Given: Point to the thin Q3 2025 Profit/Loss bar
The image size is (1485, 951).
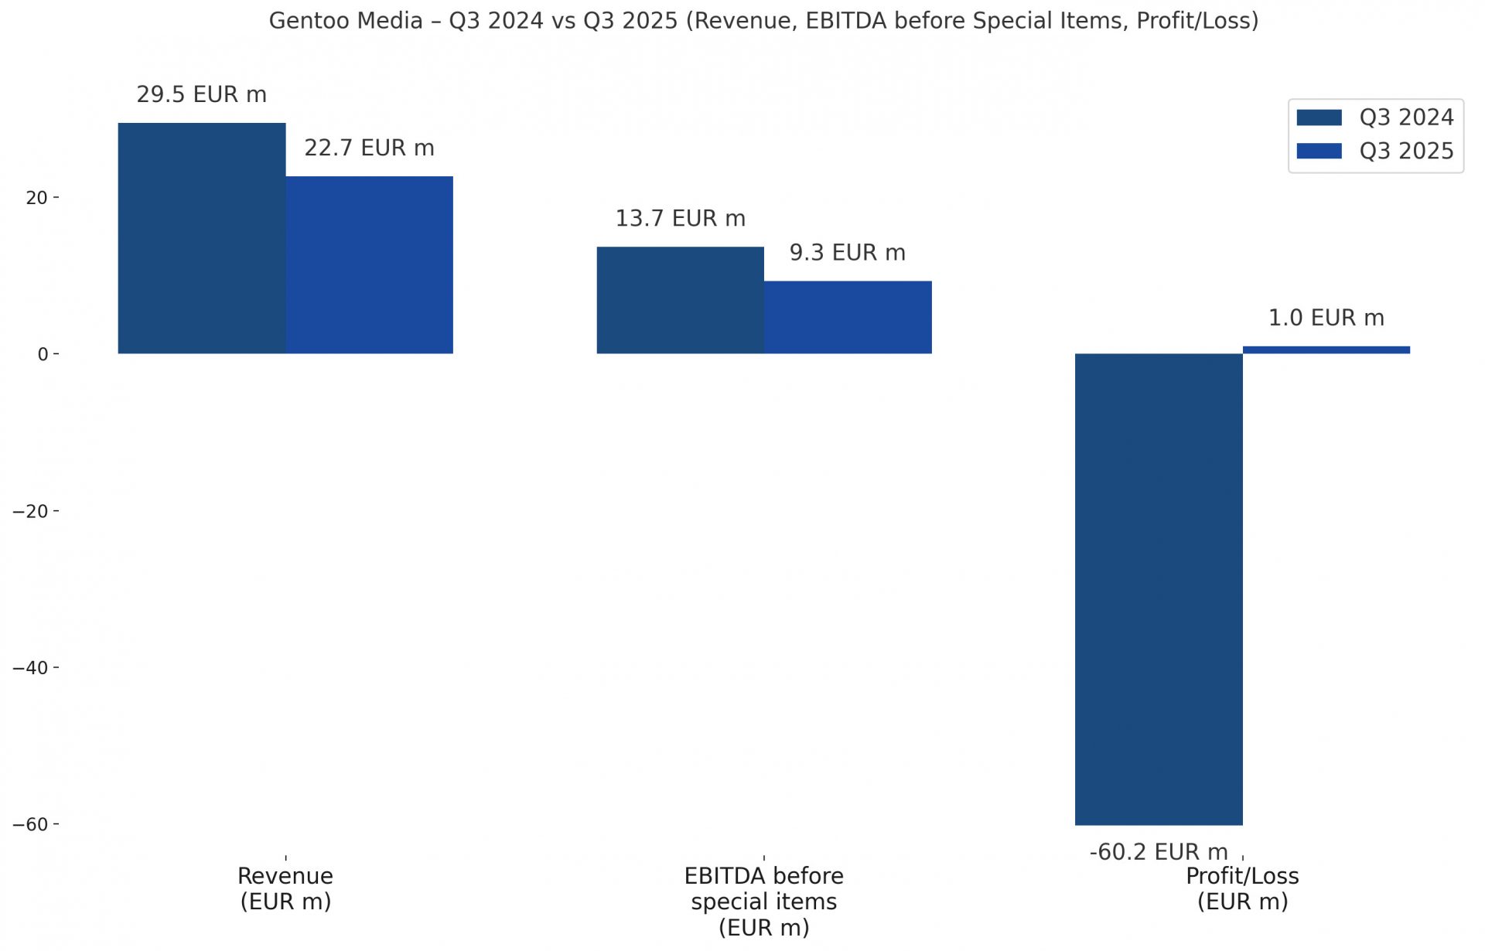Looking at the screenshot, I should point(1326,350).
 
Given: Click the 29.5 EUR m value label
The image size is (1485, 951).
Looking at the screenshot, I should point(201,94).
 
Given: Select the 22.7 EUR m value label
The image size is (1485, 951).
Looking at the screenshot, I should point(369,148).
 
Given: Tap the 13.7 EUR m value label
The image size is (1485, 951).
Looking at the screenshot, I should point(680,218).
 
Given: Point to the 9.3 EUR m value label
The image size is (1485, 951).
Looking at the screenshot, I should point(848,253).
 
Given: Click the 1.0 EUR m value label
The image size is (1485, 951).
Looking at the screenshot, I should point(1326,318).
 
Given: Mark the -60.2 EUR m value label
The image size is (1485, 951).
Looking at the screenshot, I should point(1159,852).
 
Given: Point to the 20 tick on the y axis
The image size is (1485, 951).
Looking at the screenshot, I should point(37,198).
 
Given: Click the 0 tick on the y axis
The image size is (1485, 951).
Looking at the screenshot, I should point(43,354).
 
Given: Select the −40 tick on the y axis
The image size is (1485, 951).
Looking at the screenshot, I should point(31,668).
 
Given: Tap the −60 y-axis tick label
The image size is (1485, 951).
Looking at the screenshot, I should point(31,825).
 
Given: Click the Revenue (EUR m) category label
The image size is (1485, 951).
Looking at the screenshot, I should point(285,888).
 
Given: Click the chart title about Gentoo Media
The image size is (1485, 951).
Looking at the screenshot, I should point(763,21).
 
